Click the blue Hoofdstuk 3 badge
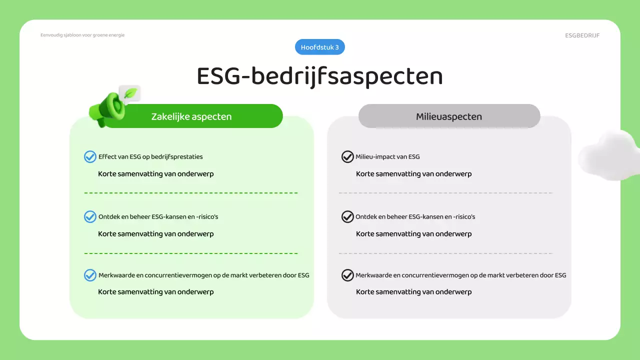[x=320, y=47]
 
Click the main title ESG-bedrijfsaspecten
[x=320, y=76]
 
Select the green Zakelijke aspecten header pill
[x=191, y=116]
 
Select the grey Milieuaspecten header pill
[x=449, y=116]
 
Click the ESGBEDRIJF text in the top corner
[x=582, y=35]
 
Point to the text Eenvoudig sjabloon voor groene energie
[x=82, y=35]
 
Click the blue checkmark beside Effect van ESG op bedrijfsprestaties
[x=90, y=157]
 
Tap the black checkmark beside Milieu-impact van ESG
[x=347, y=157]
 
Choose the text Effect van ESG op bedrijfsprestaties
[x=150, y=157]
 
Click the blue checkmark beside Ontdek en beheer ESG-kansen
[x=90, y=217]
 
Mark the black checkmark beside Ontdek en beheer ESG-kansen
[x=347, y=217]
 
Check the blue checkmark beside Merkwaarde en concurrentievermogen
[x=90, y=275]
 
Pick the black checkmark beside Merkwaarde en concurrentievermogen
[x=347, y=275]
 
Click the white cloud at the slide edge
[x=607, y=155]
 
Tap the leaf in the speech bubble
[x=130, y=93]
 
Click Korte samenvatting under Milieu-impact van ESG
[x=413, y=174]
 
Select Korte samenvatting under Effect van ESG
[x=155, y=174]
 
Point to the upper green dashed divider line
[x=191, y=193]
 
